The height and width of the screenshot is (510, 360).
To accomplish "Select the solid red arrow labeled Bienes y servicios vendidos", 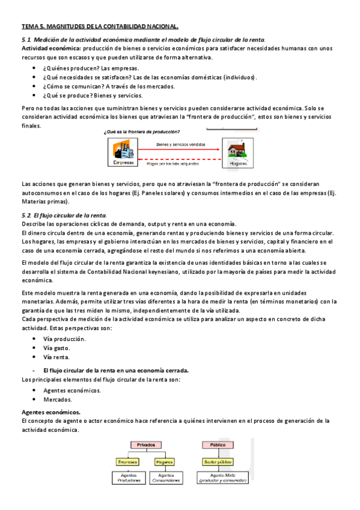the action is tap(180, 149).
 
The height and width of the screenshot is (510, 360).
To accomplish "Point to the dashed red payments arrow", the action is tap(180, 159).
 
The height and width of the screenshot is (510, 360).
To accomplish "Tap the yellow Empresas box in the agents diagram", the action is tap(127, 462).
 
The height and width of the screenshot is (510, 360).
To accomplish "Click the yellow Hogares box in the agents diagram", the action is tap(163, 462).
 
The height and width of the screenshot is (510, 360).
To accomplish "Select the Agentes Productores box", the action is tap(127, 479).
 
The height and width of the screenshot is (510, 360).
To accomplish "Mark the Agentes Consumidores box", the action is tap(163, 479).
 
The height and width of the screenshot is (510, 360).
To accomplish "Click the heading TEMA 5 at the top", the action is tap(100, 26).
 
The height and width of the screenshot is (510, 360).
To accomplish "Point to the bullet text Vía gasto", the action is tap(56, 348).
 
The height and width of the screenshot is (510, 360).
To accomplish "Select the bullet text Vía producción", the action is tap(64, 339).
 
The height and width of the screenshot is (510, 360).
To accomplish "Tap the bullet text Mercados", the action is tap(58, 399).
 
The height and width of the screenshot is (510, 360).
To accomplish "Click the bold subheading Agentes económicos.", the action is tap(50, 412).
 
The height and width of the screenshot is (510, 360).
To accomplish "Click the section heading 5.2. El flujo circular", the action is tap(64, 215).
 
